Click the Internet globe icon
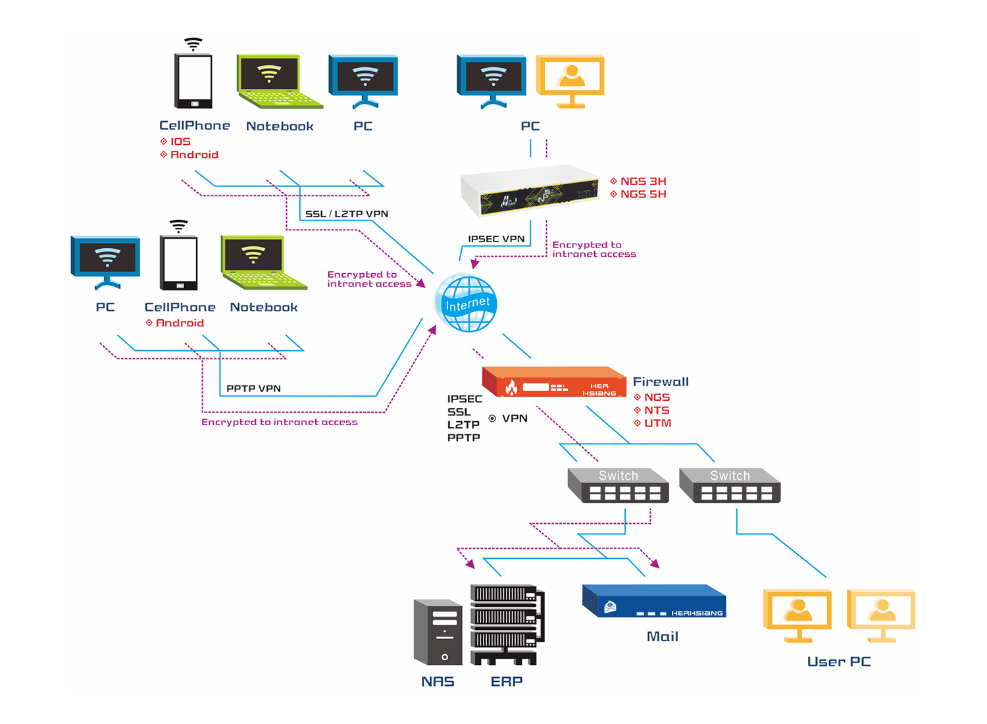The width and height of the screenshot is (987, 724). coord(467,303)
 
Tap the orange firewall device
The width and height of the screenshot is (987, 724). coord(554,382)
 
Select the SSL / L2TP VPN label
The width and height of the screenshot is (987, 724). coord(347,214)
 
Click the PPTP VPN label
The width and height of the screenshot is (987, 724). coord(253,388)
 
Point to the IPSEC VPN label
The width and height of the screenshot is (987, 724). coord(496,239)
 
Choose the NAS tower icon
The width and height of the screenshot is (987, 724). coord(438,632)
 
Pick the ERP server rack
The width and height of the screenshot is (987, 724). coord(507,624)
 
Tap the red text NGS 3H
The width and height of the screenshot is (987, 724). coord(643,181)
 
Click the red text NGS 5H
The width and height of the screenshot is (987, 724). coord(643,194)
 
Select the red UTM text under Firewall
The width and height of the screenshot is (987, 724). coord(657,423)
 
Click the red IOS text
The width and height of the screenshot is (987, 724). coord(180,142)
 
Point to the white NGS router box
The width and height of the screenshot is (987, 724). coord(530,190)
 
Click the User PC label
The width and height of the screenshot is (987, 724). coord(839,661)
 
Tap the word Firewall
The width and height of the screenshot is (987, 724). coord(661,382)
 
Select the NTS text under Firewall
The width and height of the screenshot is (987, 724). coord(657,410)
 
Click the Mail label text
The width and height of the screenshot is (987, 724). coord(662,636)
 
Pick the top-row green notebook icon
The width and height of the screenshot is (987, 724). coord(277,82)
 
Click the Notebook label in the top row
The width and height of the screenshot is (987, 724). coord(280,126)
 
